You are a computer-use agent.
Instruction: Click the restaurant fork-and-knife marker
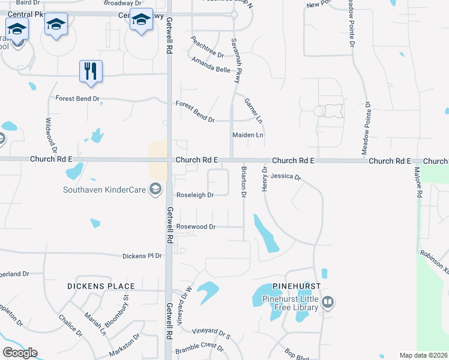click(91, 71)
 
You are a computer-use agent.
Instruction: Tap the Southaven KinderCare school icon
click(155, 190)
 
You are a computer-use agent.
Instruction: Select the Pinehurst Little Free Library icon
click(327, 302)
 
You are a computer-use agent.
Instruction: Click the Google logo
click(20, 353)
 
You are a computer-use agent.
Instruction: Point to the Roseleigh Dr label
click(194, 195)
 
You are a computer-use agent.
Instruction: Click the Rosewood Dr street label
click(196, 227)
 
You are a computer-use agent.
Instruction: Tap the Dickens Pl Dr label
click(142, 256)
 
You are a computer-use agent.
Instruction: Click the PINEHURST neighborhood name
click(296, 286)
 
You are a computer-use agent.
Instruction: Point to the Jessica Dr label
click(285, 177)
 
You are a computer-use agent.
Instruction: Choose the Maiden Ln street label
click(248, 136)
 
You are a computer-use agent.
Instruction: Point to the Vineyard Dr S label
click(211, 331)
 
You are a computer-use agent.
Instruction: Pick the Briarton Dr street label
click(244, 182)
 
